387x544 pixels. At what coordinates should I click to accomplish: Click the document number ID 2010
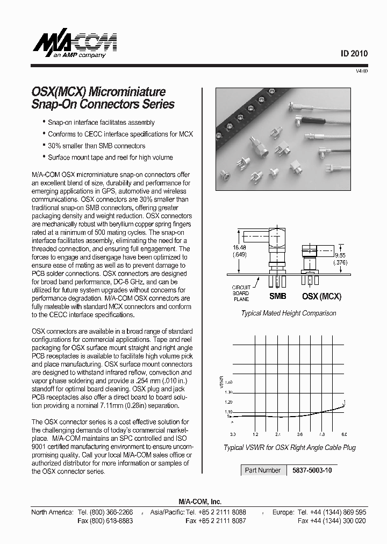[354, 54]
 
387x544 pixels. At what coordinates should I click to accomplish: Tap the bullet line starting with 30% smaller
[96, 146]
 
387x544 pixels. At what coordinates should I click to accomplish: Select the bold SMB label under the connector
[277, 296]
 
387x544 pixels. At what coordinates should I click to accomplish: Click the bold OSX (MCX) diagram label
[322, 296]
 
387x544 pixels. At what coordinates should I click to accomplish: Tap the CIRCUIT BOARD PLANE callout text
[241, 294]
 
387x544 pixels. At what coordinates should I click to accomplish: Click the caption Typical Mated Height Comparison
[288, 313]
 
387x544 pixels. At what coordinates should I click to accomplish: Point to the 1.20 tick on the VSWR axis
[228, 402]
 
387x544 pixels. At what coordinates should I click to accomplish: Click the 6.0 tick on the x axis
[344, 434]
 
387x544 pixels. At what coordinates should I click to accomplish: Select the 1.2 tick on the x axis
[255, 434]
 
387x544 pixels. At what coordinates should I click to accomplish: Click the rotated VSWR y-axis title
[220, 382]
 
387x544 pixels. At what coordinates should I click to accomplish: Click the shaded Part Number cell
[263, 470]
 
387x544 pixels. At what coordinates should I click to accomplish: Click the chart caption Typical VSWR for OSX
[290, 447]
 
